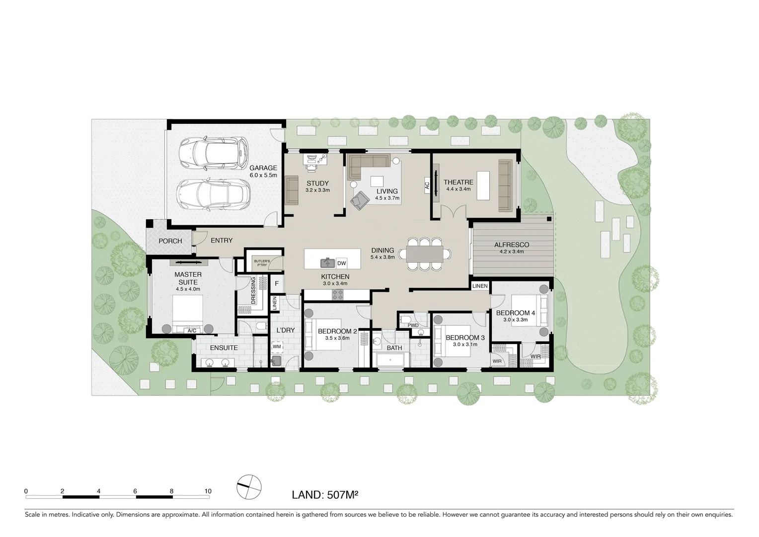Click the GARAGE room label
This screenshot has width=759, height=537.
pyautogui.click(x=263, y=168)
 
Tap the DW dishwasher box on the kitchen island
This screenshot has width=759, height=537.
pyautogui.click(x=341, y=263)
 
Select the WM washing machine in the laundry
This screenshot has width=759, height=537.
pyautogui.click(x=277, y=346)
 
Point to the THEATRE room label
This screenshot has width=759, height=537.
pyautogui.click(x=458, y=182)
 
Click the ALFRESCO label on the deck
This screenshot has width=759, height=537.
pyautogui.click(x=511, y=245)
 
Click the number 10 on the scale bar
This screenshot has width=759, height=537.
pyautogui.click(x=208, y=491)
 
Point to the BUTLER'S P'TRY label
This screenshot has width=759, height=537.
pyautogui.click(x=261, y=263)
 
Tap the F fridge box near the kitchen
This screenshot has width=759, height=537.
pyautogui.click(x=277, y=284)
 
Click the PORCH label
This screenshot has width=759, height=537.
pyautogui.click(x=170, y=241)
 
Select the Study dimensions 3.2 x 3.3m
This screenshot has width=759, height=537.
pyautogui.click(x=317, y=190)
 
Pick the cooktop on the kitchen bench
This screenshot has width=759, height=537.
pyautogui.click(x=338, y=295)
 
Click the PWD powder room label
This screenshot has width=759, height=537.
pyautogui.click(x=413, y=326)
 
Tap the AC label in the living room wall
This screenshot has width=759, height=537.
pyautogui.click(x=426, y=186)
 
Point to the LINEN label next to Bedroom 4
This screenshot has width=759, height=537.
pyautogui.click(x=480, y=286)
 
